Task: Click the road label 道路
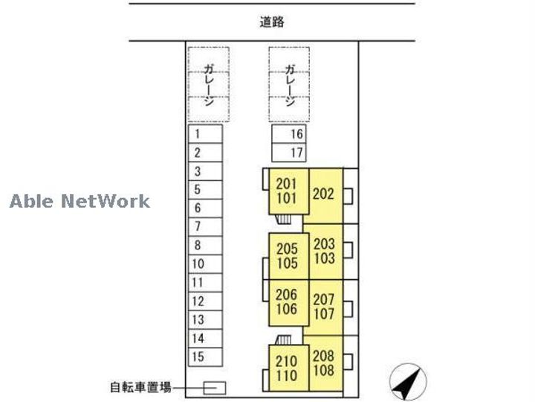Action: pos(272,22)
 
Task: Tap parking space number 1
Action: pos(205,134)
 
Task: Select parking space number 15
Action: pos(205,357)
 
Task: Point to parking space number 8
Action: pos(205,245)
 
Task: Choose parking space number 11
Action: pos(205,283)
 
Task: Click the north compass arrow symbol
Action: pos(408,381)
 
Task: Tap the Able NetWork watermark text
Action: pos(80,200)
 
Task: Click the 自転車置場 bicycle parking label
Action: pos(140,387)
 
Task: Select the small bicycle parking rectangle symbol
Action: pos(215,388)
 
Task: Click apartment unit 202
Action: pos(324,194)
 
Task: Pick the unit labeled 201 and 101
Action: pos(286,191)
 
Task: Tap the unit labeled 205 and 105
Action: pos(288,256)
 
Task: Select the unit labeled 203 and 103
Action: pos(325,251)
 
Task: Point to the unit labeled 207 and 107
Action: pos(325,307)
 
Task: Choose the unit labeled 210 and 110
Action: pos(287,368)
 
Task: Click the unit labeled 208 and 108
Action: pos(324,363)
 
